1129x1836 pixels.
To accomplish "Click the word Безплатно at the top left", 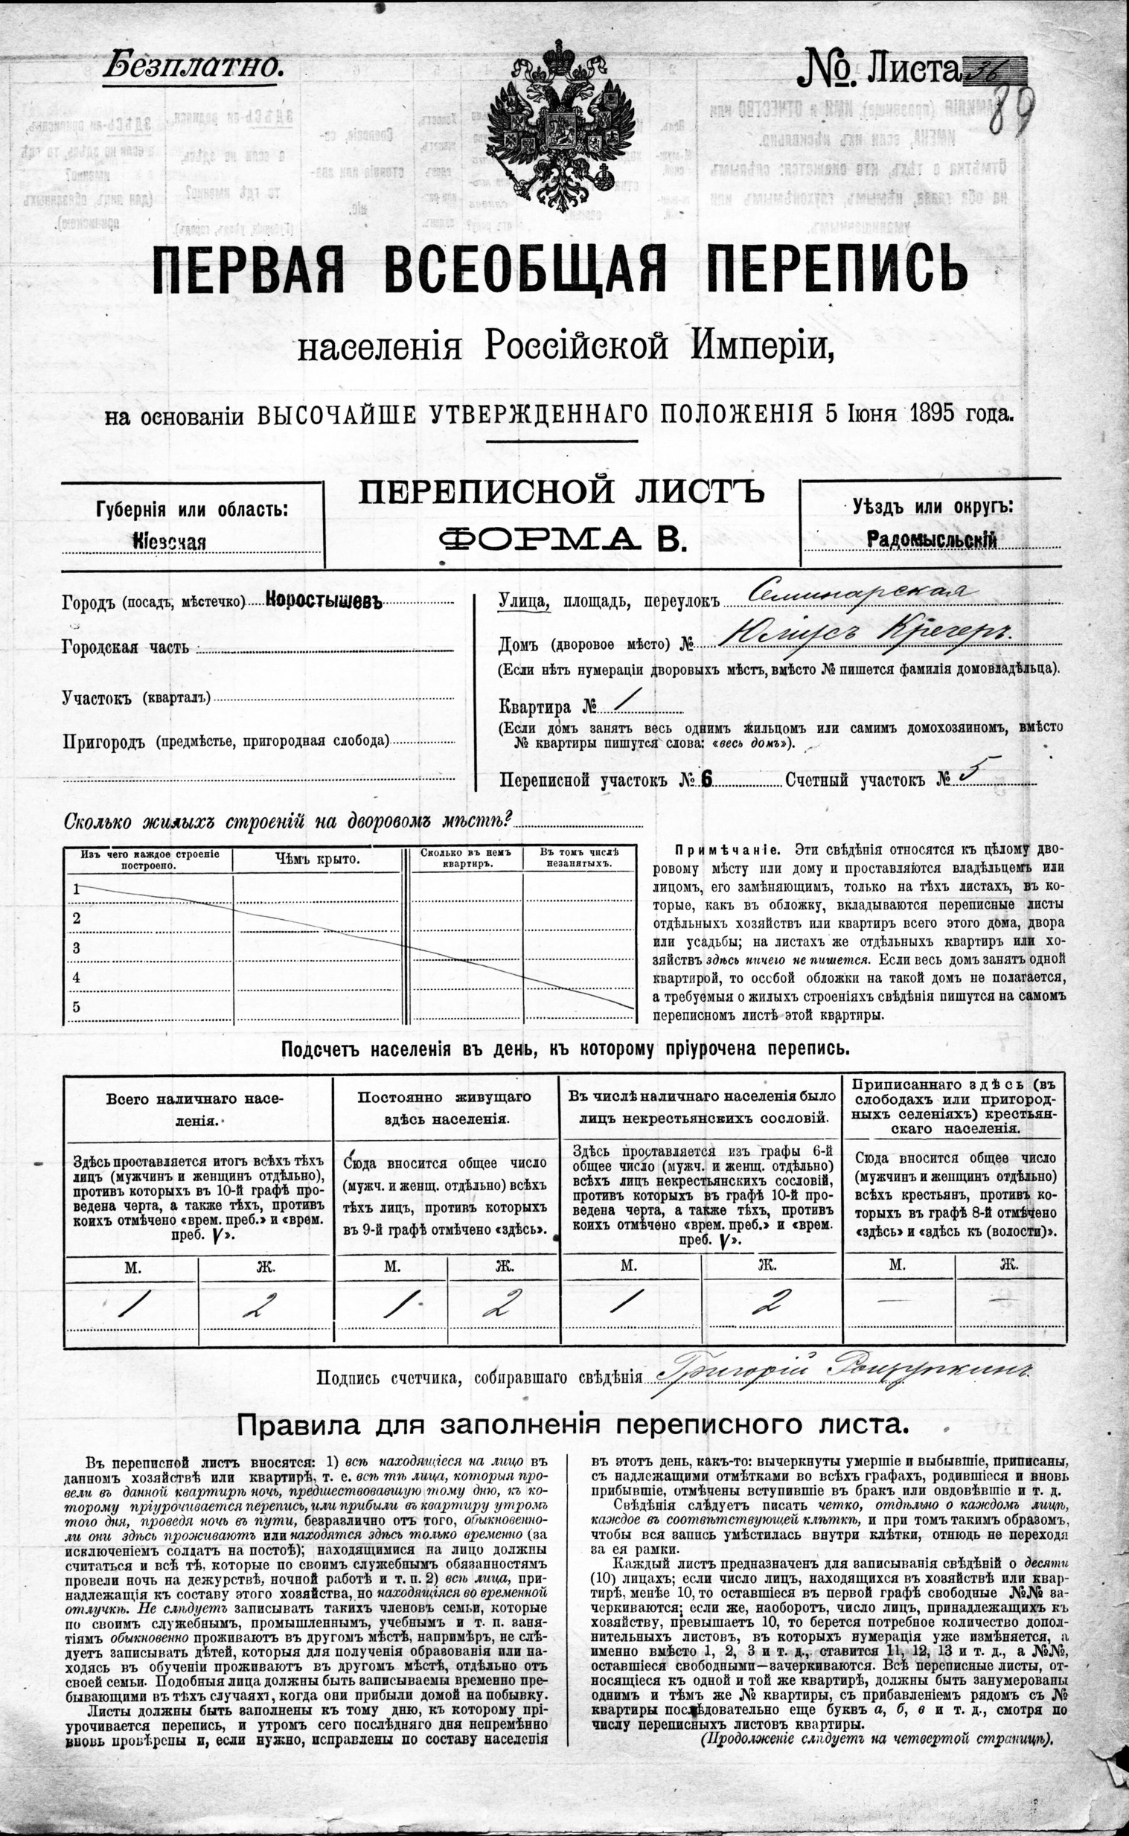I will click(x=193, y=65).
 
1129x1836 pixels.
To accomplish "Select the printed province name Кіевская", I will click(x=170, y=541).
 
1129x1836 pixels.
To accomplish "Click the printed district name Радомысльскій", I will click(x=931, y=539).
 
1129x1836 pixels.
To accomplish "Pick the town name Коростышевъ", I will click(x=323, y=601).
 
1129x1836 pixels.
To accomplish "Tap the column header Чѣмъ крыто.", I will click(x=316, y=860).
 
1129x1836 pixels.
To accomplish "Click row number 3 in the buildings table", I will click(x=76, y=948).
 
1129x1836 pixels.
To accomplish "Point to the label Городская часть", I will click(x=126, y=647).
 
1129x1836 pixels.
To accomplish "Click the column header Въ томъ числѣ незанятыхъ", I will click(x=578, y=858).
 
